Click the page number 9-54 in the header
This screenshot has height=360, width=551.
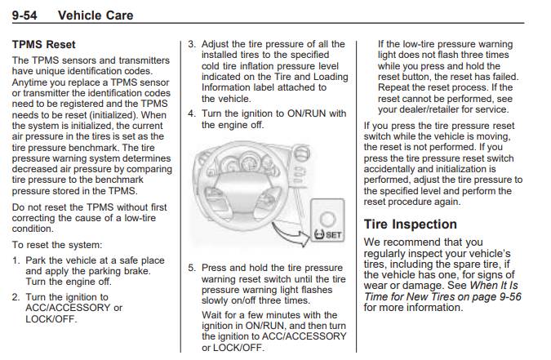pyautogui.click(x=24, y=16)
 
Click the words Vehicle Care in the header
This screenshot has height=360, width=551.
pyautogui.click(x=96, y=16)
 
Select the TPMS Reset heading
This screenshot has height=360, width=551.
pyautogui.click(x=43, y=45)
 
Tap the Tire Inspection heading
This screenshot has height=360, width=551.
pyautogui.click(x=410, y=224)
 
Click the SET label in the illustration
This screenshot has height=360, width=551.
pyautogui.click(x=334, y=235)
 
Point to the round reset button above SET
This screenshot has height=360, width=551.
pyautogui.click(x=327, y=219)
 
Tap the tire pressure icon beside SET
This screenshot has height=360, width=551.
pyautogui.click(x=319, y=234)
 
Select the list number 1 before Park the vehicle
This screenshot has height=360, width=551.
pyautogui.click(x=16, y=260)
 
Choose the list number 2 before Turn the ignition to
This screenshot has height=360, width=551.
pyautogui.click(x=16, y=297)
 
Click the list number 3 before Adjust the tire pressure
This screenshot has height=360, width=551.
pyautogui.click(x=192, y=44)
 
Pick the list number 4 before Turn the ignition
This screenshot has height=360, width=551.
pyautogui.click(x=192, y=113)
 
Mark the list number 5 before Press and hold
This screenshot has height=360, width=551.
pyautogui.click(x=192, y=268)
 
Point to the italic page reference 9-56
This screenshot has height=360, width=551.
pyautogui.click(x=510, y=296)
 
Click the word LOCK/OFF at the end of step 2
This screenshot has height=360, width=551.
pyautogui.click(x=51, y=319)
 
